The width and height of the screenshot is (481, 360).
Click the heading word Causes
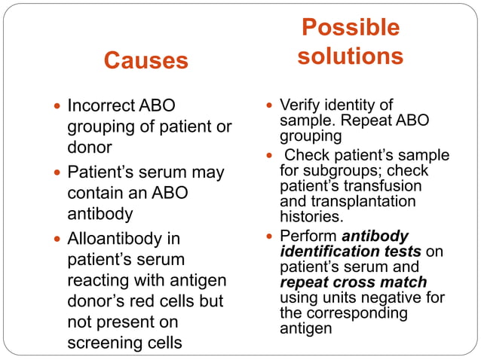click(x=146, y=60)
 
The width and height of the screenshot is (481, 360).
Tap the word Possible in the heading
click(x=350, y=28)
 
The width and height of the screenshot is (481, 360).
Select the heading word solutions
click(x=350, y=56)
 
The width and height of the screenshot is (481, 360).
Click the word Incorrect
click(x=101, y=105)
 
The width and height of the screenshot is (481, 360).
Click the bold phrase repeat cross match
click(x=353, y=282)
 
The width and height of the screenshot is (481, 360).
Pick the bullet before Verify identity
click(x=270, y=105)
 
